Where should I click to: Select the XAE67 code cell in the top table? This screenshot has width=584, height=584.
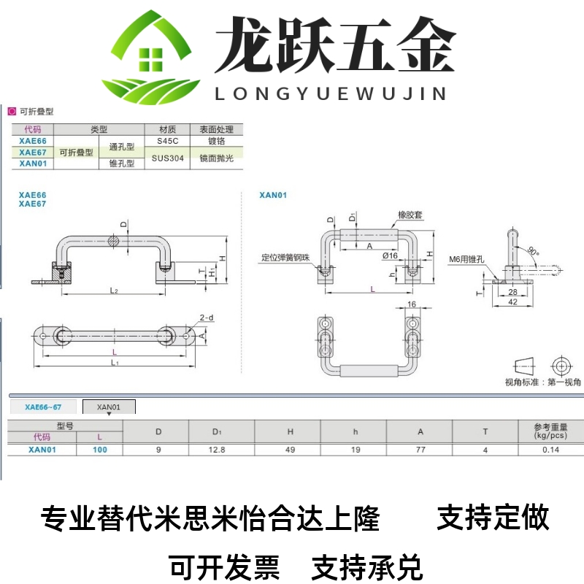click(x=32, y=152)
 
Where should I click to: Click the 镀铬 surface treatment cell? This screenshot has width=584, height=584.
click(x=215, y=140)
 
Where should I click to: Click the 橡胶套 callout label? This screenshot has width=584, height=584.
click(x=411, y=215)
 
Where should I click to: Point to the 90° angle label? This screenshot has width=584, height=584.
click(x=534, y=251)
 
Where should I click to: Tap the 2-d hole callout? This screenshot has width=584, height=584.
click(x=207, y=318)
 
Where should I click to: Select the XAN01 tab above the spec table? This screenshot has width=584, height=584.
click(x=109, y=407)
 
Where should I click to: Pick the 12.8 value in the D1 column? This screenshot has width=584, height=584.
click(x=217, y=450)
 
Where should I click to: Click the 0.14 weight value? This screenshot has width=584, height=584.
click(x=551, y=450)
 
